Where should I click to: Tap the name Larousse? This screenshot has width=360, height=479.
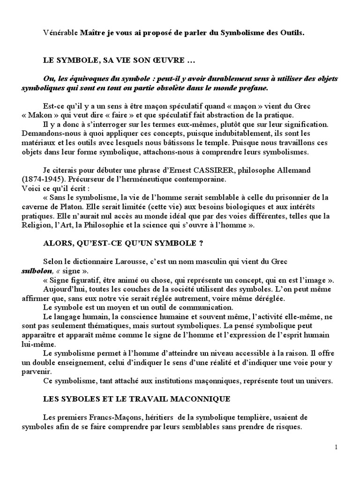click(133, 261)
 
